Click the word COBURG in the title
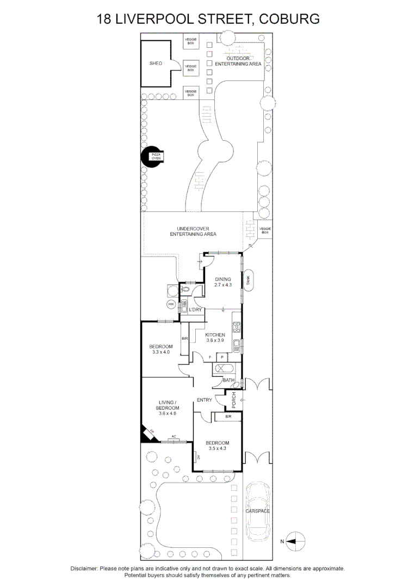click(289, 19)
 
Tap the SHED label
click(156, 64)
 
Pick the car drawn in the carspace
click(258, 511)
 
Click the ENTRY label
click(205, 401)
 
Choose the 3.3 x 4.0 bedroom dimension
click(161, 352)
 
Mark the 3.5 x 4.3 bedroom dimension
click(217, 448)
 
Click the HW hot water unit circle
click(171, 304)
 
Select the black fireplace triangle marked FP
click(147, 434)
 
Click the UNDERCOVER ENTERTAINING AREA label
click(193, 231)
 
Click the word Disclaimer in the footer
click(84, 569)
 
